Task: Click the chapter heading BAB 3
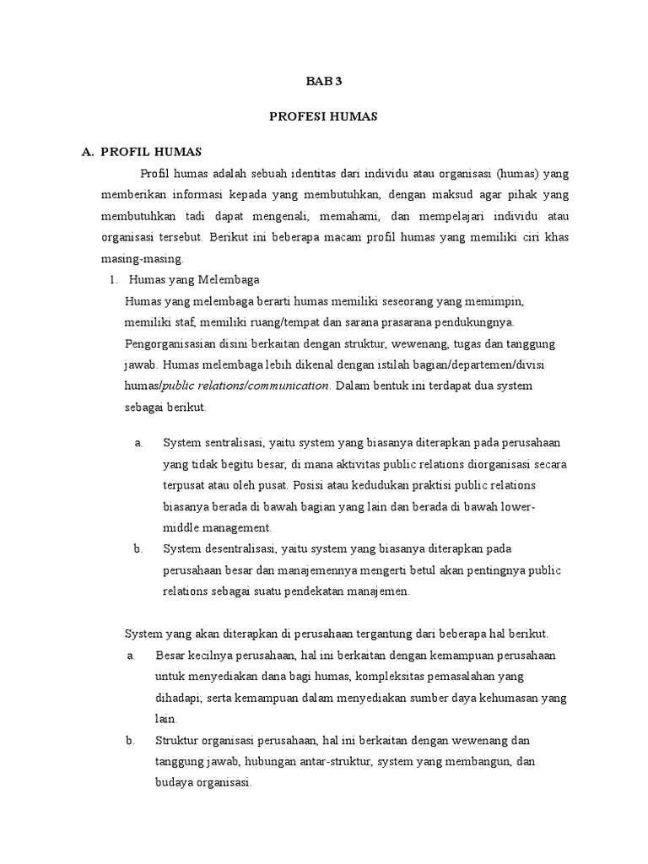[323, 82]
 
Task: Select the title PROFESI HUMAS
[323, 117]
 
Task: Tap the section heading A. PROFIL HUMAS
[141, 152]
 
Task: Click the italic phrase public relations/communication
[246, 386]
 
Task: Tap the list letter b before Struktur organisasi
[131, 740]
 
